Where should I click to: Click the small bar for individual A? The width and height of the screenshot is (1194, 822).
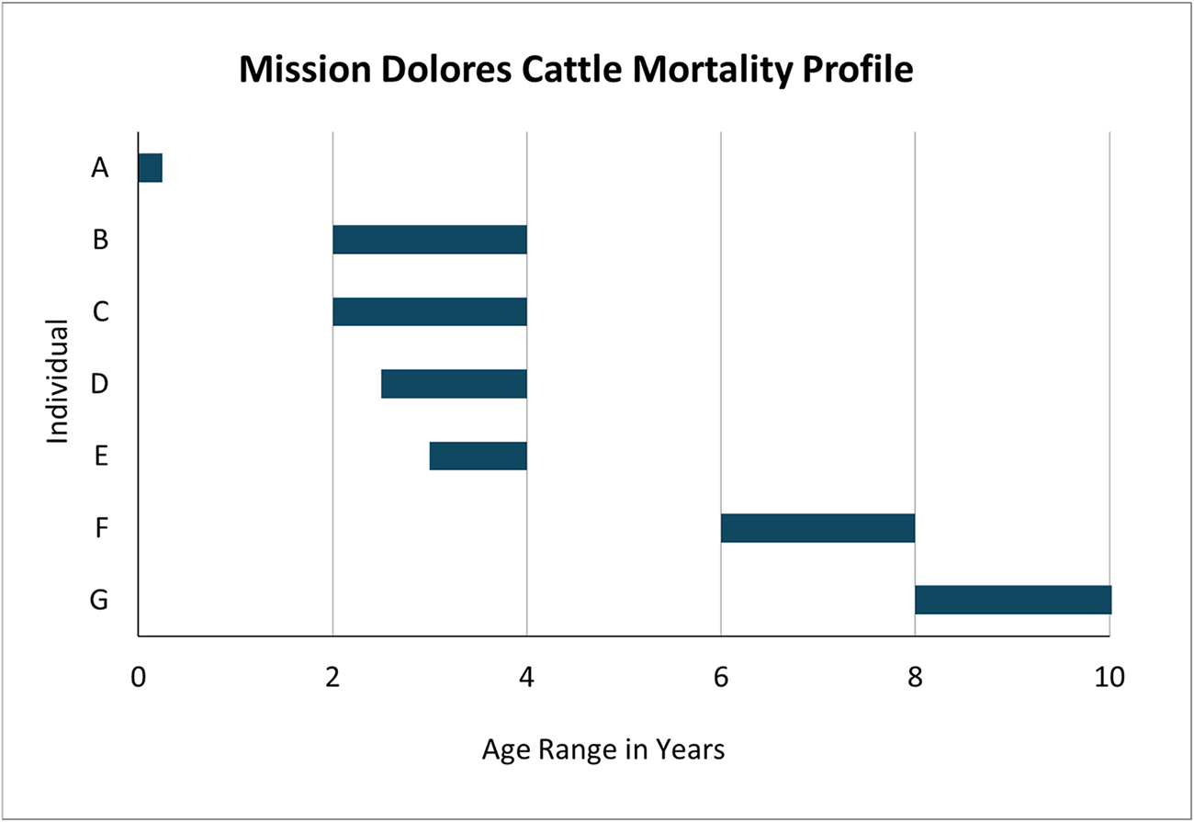pyautogui.click(x=150, y=168)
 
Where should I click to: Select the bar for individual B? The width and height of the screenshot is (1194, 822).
pyautogui.click(x=429, y=240)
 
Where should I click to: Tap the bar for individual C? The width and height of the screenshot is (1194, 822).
pyautogui.click(x=429, y=311)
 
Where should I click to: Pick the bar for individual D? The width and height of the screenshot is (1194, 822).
pyautogui.click(x=454, y=384)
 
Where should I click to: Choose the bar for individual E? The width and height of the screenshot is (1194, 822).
pyautogui.click(x=478, y=456)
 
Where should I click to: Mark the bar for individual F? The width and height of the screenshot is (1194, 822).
pyautogui.click(x=817, y=528)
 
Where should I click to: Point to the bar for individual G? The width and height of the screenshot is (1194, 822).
pyautogui.click(x=1012, y=600)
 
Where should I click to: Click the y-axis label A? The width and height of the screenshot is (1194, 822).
pyautogui.click(x=99, y=168)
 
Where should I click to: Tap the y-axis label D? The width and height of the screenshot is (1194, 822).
pyautogui.click(x=99, y=384)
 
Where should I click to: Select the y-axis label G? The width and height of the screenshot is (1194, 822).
pyautogui.click(x=99, y=601)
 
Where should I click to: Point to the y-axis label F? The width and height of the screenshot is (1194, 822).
pyautogui.click(x=100, y=528)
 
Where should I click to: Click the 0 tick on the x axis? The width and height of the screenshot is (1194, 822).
pyautogui.click(x=138, y=680)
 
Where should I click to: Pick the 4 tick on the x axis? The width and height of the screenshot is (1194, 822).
pyautogui.click(x=526, y=680)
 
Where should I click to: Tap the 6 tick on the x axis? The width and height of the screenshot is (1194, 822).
pyautogui.click(x=721, y=680)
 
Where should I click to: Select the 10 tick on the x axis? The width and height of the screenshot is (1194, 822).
pyautogui.click(x=1110, y=680)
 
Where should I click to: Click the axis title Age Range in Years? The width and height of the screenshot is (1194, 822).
pyautogui.click(x=603, y=750)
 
